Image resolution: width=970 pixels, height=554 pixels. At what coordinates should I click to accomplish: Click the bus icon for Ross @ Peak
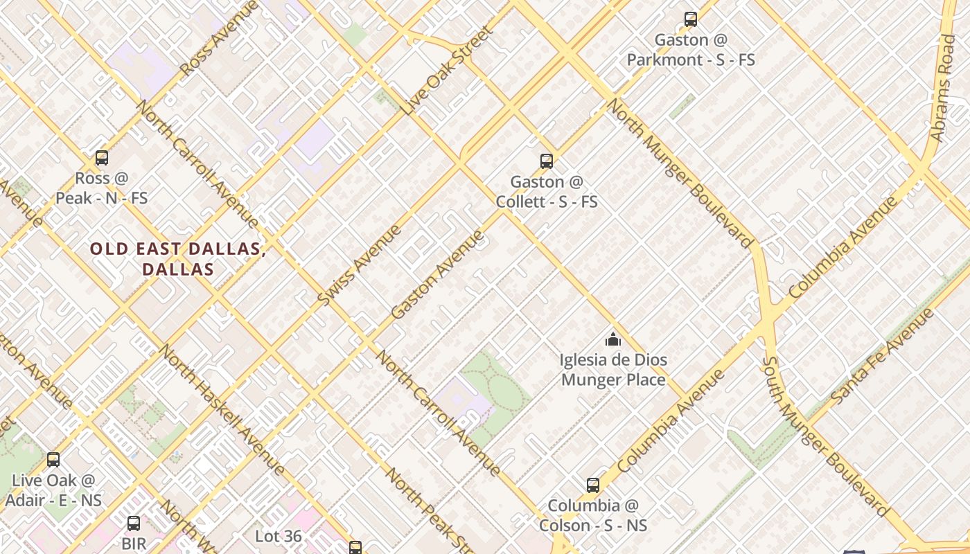pyautogui.click(x=102, y=158)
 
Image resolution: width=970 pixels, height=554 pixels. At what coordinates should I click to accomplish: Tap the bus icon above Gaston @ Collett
pyautogui.click(x=547, y=161)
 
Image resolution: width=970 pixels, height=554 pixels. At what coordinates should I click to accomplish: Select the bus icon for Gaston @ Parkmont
pyautogui.click(x=691, y=19)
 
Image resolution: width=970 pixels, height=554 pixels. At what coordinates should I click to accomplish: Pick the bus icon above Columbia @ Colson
pyautogui.click(x=593, y=485)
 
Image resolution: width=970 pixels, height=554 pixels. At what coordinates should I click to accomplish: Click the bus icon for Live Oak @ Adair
pyautogui.click(x=53, y=459)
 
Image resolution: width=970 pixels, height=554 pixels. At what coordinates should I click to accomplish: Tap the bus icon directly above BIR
pyautogui.click(x=134, y=523)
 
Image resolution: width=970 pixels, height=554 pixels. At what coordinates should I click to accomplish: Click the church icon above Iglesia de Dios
pyautogui.click(x=613, y=339)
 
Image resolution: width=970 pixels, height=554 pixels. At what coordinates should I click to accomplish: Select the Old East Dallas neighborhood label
pyautogui.click(x=178, y=259)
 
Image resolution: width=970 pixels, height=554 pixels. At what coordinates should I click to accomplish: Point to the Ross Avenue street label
pyautogui.click(x=219, y=38)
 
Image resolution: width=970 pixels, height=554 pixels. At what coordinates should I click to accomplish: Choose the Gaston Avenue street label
pyautogui.click(x=438, y=274)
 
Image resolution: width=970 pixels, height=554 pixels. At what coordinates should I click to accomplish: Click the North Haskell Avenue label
pyautogui.click(x=222, y=409)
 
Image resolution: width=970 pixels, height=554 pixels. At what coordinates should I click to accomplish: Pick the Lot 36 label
pyautogui.click(x=279, y=536)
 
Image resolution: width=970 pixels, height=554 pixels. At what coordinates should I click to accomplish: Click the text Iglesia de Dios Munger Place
pyautogui.click(x=613, y=370)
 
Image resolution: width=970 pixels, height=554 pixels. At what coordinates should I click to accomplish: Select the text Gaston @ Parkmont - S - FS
pyautogui.click(x=691, y=50)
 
